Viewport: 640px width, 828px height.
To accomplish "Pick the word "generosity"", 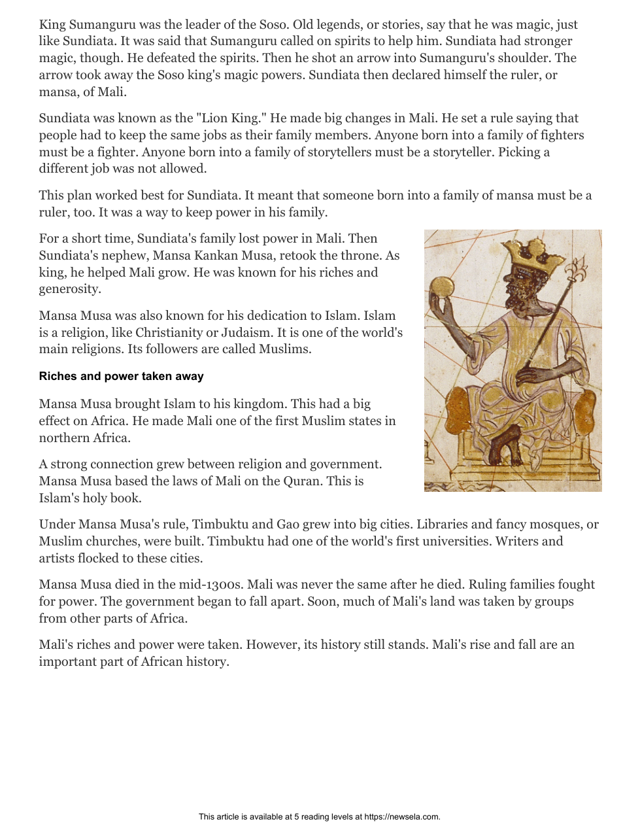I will [x=69, y=289].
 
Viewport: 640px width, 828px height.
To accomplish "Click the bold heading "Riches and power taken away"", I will [x=121, y=376].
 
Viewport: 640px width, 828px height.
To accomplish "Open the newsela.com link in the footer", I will [x=401, y=817].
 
